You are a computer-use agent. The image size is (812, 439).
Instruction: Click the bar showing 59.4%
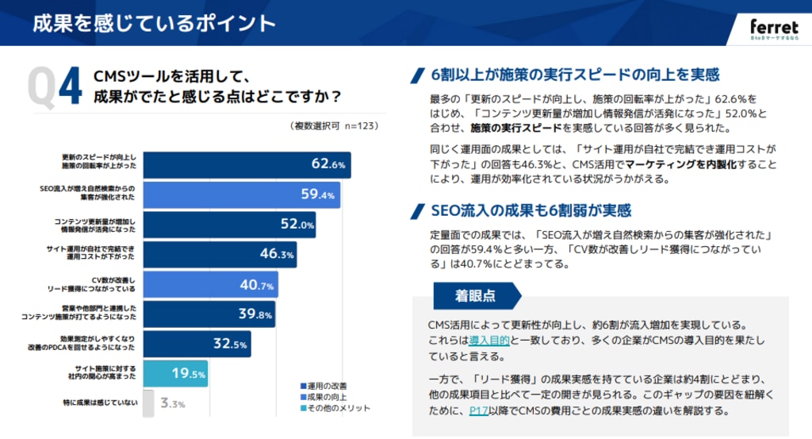pyautogui.click(x=242, y=194)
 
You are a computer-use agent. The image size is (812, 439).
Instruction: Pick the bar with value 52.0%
pyautogui.click(x=230, y=225)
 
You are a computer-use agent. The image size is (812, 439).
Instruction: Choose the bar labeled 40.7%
pyautogui.click(x=210, y=285)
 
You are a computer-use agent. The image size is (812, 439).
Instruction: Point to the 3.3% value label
pyautogui.click(x=173, y=404)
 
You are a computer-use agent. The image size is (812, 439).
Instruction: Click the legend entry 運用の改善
pyautogui.click(x=328, y=386)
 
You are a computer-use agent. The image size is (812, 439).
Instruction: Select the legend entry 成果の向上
pyautogui.click(x=328, y=397)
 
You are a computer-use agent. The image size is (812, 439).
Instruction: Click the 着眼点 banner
pyautogui.click(x=474, y=295)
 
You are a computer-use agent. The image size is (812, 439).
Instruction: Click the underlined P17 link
pyautogui.click(x=478, y=410)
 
